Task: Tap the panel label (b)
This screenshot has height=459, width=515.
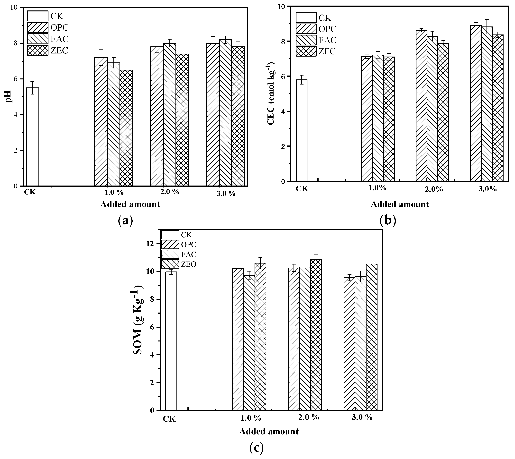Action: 388,221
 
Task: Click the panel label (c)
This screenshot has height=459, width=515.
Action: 256,448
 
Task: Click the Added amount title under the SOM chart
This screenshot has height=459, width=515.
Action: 269,431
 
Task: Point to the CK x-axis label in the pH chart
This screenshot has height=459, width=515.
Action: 30,192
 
